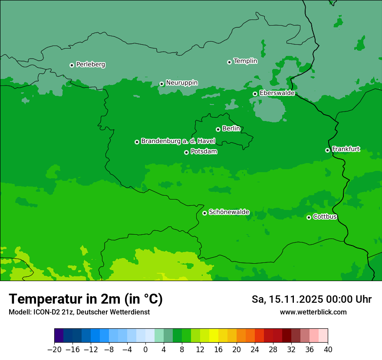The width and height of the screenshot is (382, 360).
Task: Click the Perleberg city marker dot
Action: pos(72,65)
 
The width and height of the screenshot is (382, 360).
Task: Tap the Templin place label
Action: pos(245,61)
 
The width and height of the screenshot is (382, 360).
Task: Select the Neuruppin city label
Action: pos(181,82)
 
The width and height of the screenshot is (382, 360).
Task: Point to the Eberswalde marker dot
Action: pos(255,94)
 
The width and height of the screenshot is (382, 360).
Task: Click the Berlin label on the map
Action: pos(231,128)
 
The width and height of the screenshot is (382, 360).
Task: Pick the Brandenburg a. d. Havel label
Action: pos(178,141)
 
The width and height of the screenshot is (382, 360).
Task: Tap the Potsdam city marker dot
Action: pos(186,152)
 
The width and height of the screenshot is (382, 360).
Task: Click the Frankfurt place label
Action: pos(346,149)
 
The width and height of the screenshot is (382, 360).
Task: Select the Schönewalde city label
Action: pos(229,212)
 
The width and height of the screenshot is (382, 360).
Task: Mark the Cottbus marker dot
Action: pos(309,217)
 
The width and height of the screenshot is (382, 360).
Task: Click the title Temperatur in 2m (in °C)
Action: pos(86,299)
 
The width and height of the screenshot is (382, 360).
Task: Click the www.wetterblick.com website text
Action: pos(313,312)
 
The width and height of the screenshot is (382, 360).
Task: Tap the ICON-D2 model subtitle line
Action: pos(79,312)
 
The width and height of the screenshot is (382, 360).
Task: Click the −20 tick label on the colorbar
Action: pos(54,350)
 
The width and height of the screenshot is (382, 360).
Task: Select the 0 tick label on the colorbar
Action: pos(145,350)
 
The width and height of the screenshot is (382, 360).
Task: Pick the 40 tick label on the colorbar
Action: pos(328,350)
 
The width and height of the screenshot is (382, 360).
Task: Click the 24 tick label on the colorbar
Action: pos(255,350)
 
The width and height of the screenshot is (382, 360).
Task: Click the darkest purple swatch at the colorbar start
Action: pos(59,336)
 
